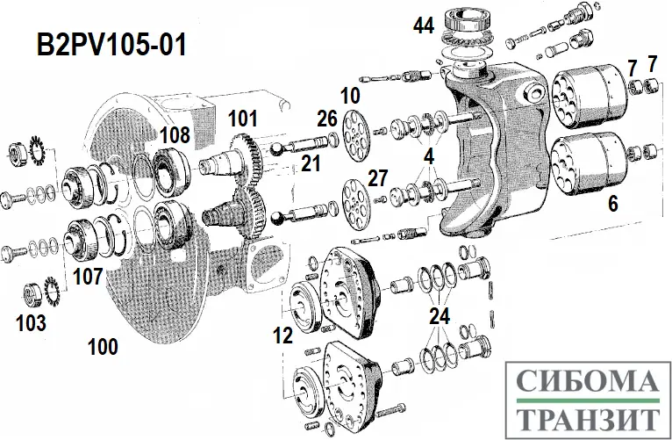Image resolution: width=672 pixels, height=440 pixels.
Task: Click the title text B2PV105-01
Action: (111, 45)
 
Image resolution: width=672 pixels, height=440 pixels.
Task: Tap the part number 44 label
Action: (424, 26)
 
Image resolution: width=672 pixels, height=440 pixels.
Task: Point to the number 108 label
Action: (175, 134)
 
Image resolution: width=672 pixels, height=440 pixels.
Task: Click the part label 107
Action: (87, 276)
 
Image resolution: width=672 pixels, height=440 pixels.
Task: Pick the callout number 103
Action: (31, 322)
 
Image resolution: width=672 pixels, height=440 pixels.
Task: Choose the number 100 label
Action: (103, 347)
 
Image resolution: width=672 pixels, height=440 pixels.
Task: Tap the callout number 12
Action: (282, 335)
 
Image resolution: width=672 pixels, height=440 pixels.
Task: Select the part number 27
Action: (377, 178)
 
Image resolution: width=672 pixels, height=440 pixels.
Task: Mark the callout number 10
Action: (350, 95)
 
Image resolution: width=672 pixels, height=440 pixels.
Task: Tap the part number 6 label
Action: (612, 204)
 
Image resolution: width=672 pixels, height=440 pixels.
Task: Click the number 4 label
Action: (429, 157)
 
